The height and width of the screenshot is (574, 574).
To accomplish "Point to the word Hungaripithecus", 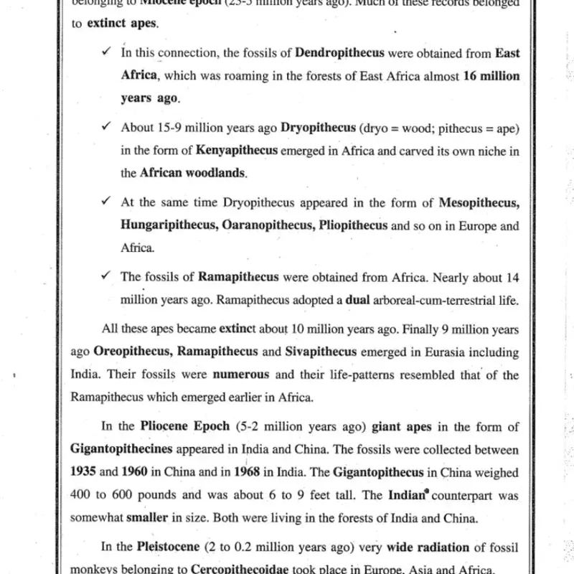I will [x=169, y=226].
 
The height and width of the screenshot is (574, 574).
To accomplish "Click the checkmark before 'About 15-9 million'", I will [x=106, y=127].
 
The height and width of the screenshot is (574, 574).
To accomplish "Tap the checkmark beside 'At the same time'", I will [x=106, y=203].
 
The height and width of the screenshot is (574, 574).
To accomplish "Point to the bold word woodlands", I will [x=216, y=173].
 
